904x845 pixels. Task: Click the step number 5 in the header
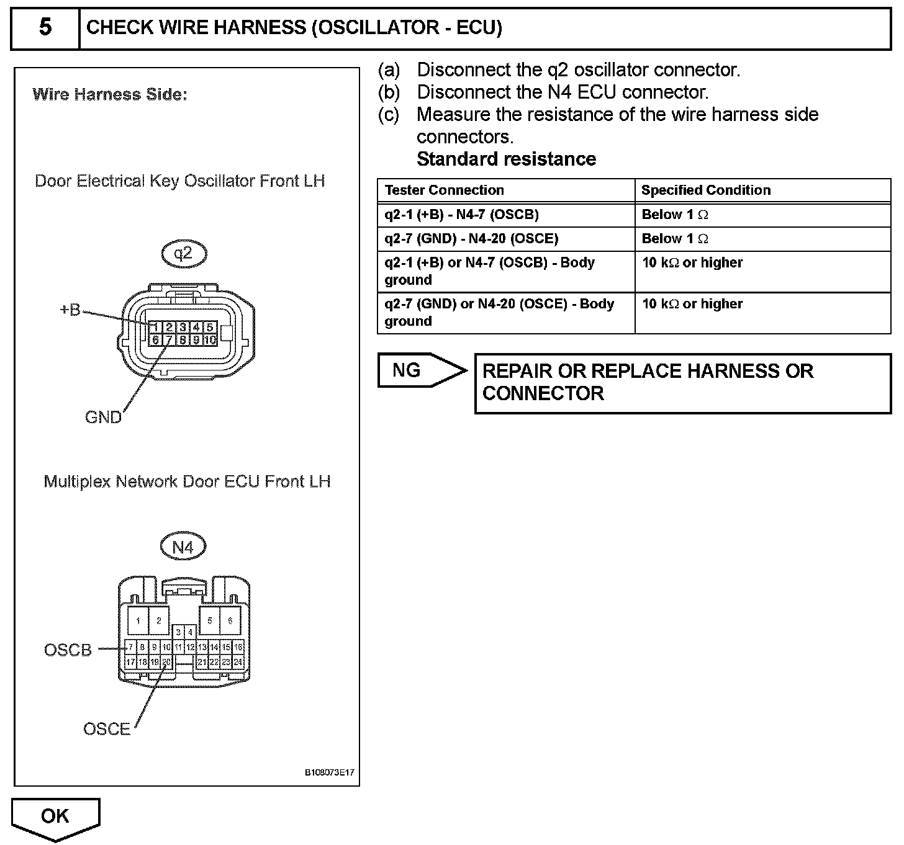[45, 27]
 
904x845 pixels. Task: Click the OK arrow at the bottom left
[55, 816]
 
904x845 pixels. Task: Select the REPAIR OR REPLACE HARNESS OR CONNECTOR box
[682, 383]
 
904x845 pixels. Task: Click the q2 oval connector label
[183, 253]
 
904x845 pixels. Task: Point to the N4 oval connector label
[183, 547]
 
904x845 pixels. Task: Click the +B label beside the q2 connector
[70, 310]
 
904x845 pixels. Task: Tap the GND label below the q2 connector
[103, 417]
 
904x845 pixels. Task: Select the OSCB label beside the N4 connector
[68, 650]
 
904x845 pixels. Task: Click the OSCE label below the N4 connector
[107, 729]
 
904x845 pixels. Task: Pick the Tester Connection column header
[444, 190]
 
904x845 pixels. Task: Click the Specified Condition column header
[705, 190]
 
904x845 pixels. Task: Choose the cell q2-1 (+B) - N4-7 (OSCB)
[461, 215]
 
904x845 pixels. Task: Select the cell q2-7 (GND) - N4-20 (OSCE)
[471, 239]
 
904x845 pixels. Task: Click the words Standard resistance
[506, 159]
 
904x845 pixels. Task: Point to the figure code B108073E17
[329, 773]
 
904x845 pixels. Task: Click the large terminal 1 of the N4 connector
[138, 620]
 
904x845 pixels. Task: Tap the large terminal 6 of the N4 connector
[230, 620]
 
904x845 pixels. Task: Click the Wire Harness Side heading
[109, 94]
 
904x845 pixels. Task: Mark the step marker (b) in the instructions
[389, 92]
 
